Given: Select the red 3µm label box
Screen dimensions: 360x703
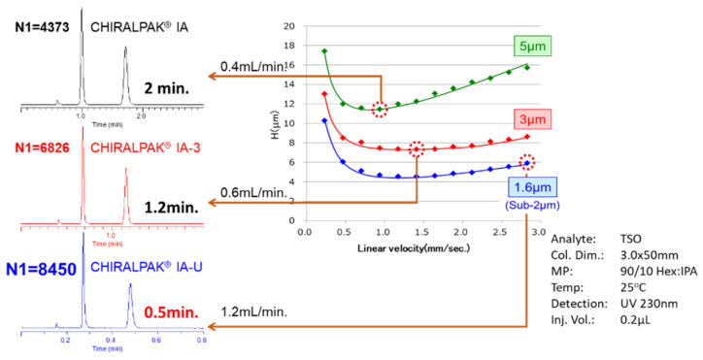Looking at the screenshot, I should (x=529, y=119).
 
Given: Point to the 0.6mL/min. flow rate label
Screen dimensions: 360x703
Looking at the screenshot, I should (x=253, y=191).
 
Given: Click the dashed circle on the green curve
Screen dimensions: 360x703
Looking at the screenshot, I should (x=380, y=109).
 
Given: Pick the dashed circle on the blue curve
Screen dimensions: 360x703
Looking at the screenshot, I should (x=526, y=163).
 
